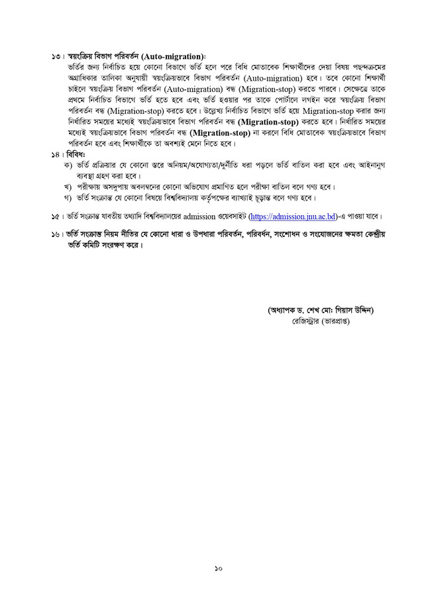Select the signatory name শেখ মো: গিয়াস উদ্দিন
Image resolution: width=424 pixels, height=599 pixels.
[331, 310]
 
